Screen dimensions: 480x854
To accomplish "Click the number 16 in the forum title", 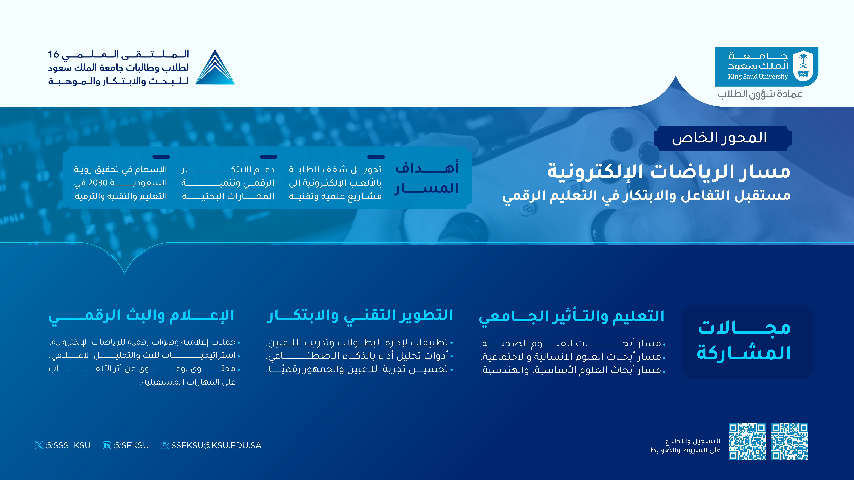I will pos(53,54).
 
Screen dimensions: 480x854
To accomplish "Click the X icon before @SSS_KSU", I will pos(39,445).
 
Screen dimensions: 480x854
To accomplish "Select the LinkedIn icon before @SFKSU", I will pos(107,445).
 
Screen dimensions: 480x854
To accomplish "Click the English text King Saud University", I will pos(758,76).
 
